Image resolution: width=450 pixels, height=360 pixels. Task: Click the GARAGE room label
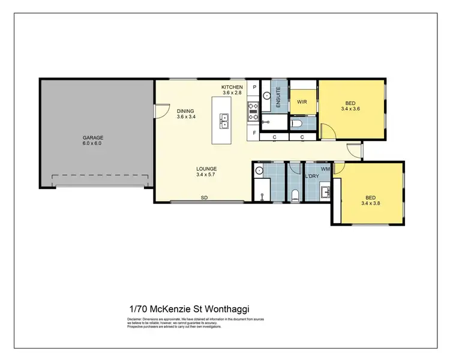[93, 138]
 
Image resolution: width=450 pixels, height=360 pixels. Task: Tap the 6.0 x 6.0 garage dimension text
[93, 144]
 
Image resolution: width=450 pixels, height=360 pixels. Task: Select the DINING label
[185, 110]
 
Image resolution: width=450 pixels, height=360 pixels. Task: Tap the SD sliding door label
[204, 197]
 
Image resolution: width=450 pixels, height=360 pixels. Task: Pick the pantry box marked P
[254, 88]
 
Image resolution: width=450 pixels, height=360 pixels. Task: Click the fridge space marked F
[254, 132]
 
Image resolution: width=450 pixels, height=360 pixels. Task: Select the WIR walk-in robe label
[302, 102]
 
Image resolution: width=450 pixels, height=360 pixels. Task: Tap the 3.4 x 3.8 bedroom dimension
[370, 203]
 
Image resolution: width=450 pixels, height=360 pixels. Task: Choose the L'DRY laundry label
[311, 176]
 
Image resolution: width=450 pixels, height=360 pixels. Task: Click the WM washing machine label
[325, 169]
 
